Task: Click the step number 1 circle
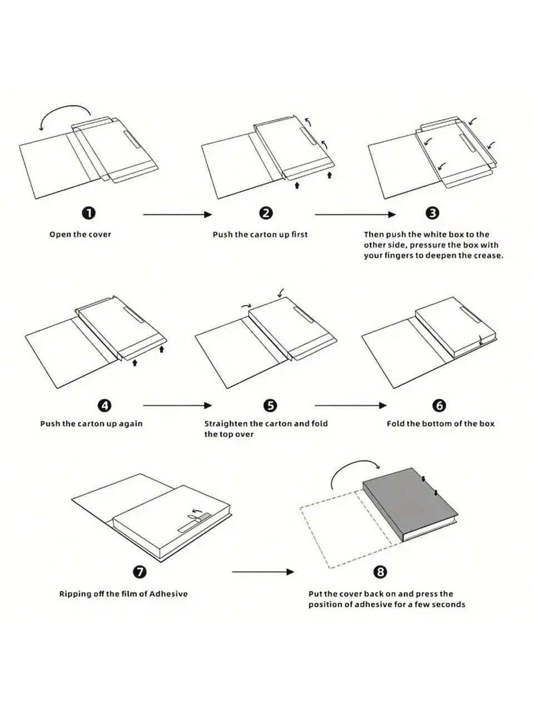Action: [88, 213]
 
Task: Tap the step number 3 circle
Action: [432, 213]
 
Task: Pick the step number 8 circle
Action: [380, 572]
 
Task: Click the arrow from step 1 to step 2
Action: [177, 214]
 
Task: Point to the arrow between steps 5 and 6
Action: [350, 406]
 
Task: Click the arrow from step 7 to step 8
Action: [263, 571]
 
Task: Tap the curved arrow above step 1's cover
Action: [64, 113]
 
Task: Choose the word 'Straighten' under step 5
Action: [226, 424]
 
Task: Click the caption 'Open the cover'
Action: [80, 235]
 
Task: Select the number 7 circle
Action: [140, 572]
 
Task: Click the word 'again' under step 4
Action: [131, 424]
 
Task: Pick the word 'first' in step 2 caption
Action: [299, 235]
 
